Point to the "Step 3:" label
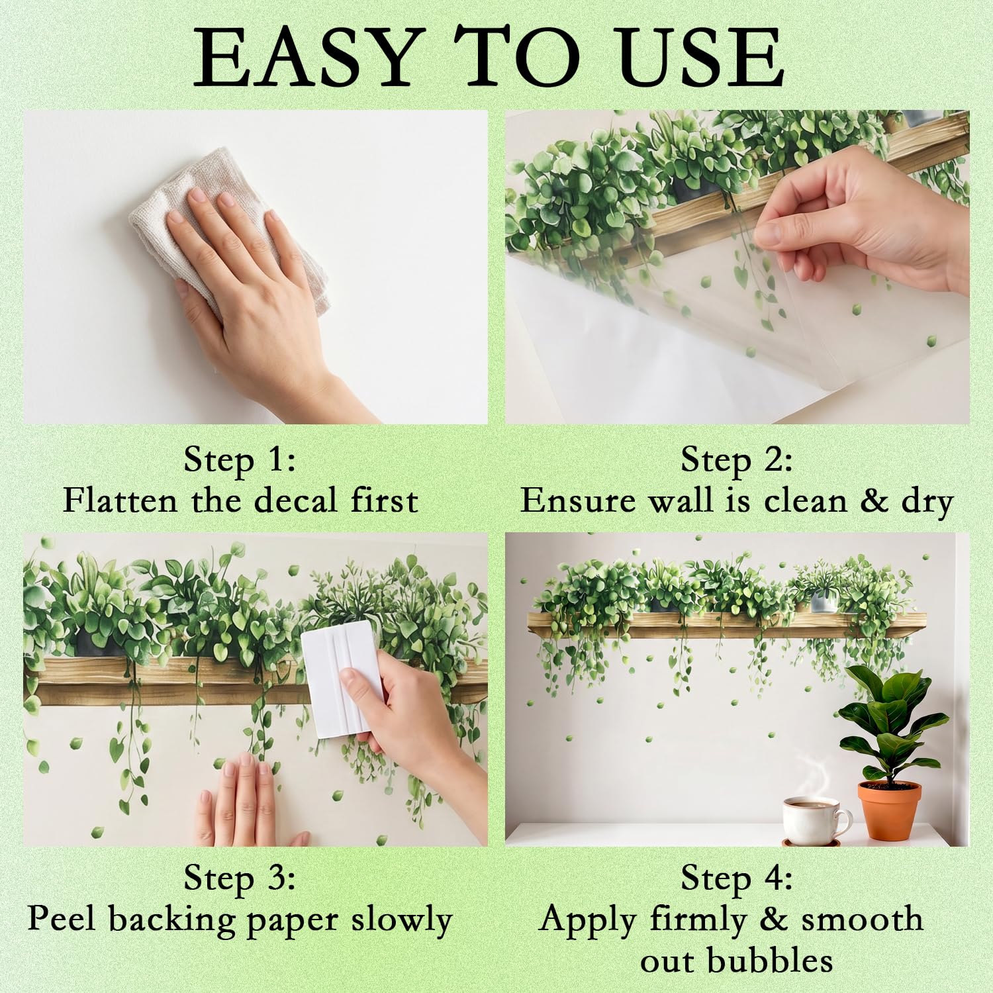click(x=240, y=878)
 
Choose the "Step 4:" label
click(x=737, y=878)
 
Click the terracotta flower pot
click(x=889, y=810)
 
